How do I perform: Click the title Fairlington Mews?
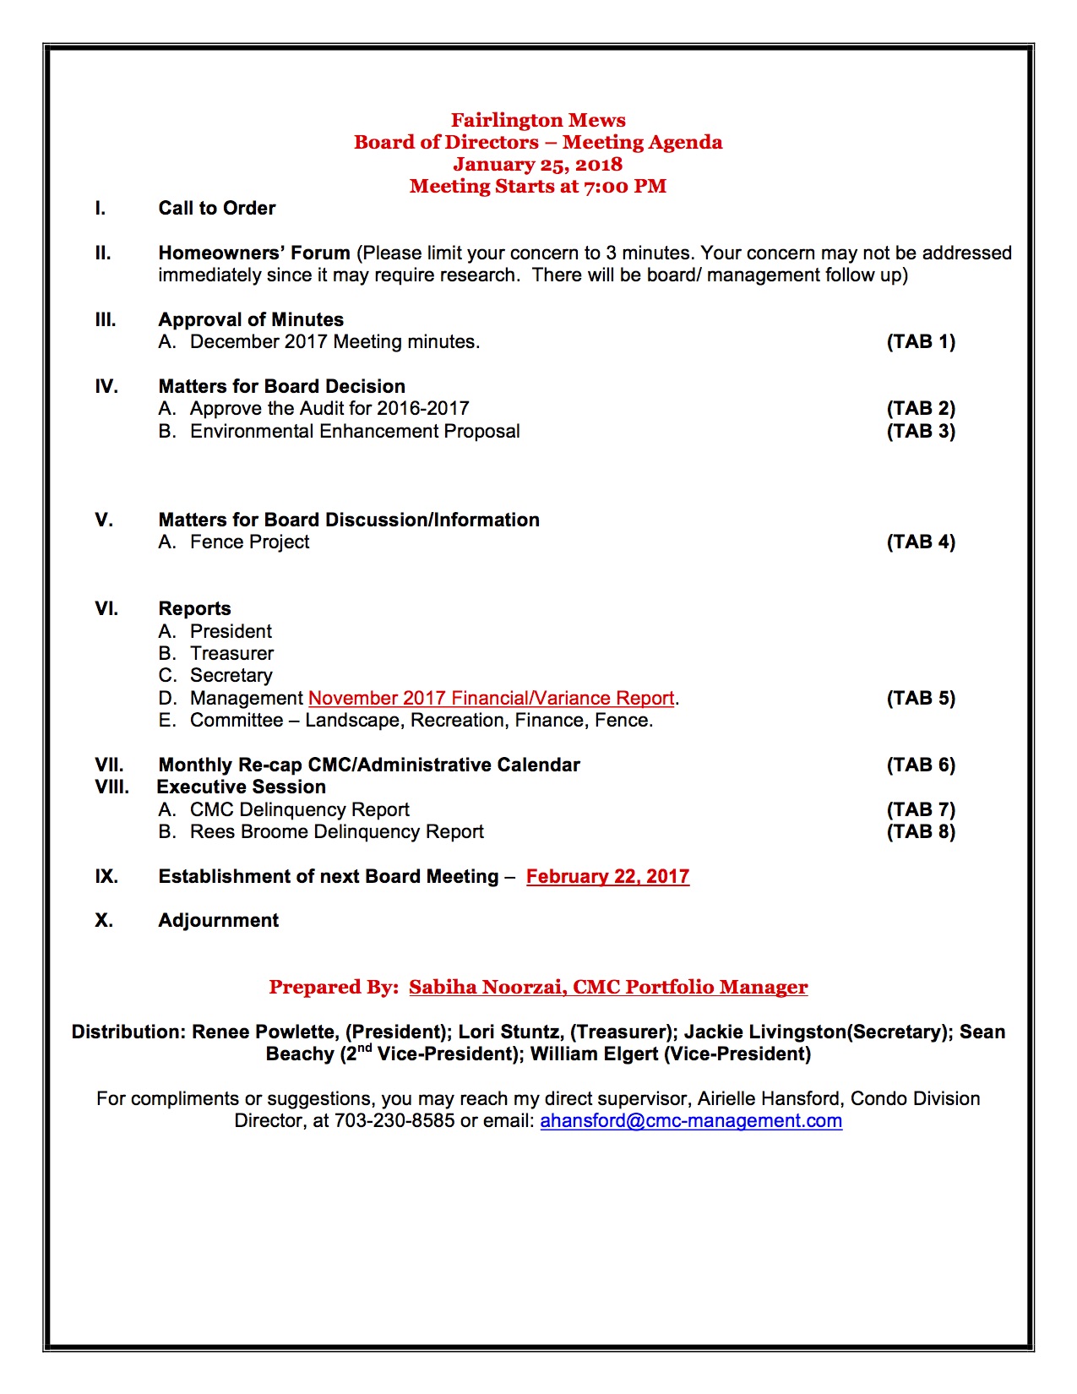pyautogui.click(x=538, y=120)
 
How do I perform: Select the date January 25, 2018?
pyautogui.click(x=537, y=164)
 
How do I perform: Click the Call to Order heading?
pyautogui.click(x=217, y=208)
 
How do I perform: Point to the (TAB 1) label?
pyautogui.click(x=921, y=341)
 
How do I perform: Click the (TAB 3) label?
pyautogui.click(x=921, y=431)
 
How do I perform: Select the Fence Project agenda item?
pyautogui.click(x=249, y=542)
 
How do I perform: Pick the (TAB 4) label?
pyautogui.click(x=921, y=542)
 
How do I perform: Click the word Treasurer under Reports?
pyautogui.click(x=231, y=653)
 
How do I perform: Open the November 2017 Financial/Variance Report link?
pyautogui.click(x=491, y=698)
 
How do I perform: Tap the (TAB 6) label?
pyautogui.click(x=921, y=765)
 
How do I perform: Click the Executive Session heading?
pyautogui.click(x=242, y=787)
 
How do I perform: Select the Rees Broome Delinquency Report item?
pyautogui.click(x=336, y=831)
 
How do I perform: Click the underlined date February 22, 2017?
pyautogui.click(x=607, y=876)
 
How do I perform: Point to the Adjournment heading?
pyautogui.click(x=218, y=920)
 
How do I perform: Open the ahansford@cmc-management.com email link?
pyautogui.click(x=691, y=1120)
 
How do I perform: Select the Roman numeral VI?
pyautogui.click(x=106, y=608)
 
